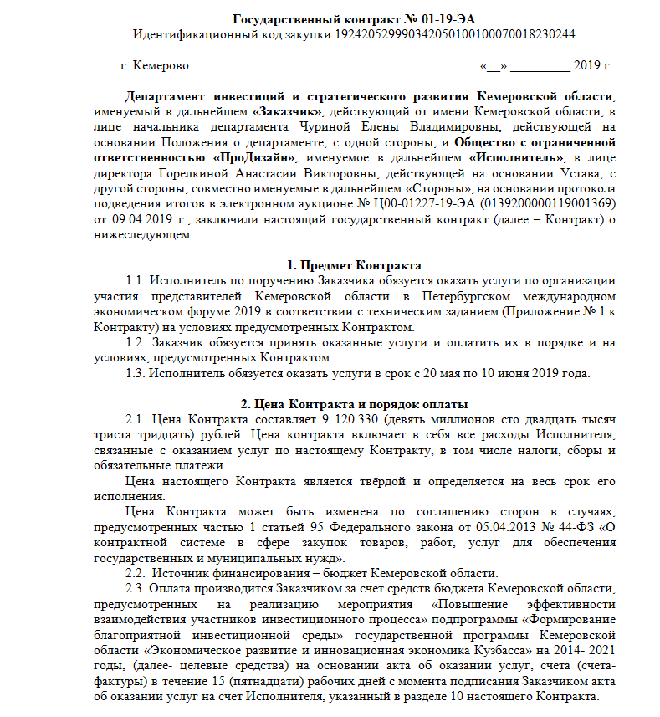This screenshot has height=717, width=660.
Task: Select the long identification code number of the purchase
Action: click(455, 33)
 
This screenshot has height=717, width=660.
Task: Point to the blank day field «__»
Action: click(492, 65)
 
